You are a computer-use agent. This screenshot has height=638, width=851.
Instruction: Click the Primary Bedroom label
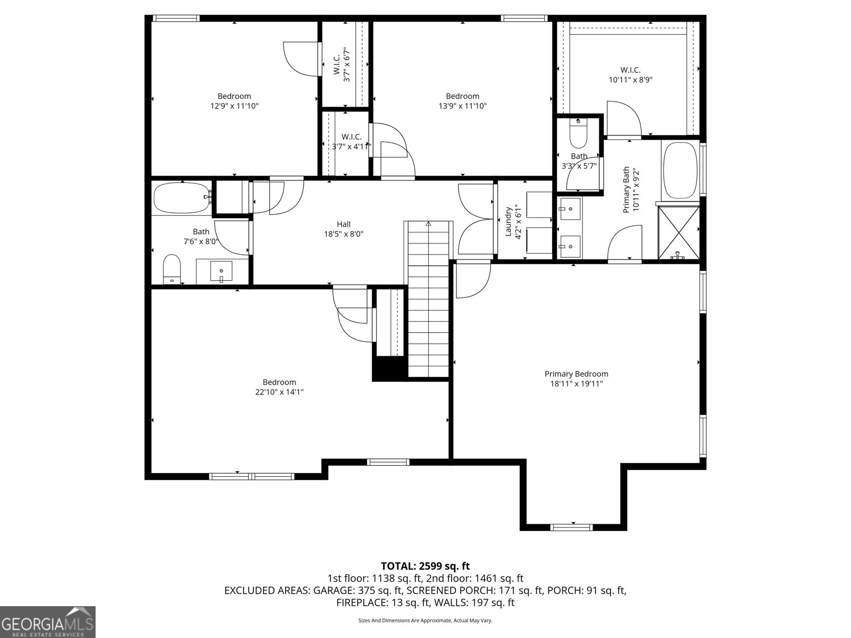[x=576, y=374]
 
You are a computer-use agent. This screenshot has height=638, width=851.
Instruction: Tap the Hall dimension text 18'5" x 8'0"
[x=344, y=234]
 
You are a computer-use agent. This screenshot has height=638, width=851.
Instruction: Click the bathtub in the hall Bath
[x=181, y=198]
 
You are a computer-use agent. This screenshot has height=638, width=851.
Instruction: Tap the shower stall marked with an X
[x=679, y=232]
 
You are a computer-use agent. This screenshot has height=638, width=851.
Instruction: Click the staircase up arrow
[x=429, y=224]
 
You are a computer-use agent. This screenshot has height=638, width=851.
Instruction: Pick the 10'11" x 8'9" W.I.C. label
[x=630, y=75]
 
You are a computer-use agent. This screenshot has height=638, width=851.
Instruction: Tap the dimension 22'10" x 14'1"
[x=279, y=392]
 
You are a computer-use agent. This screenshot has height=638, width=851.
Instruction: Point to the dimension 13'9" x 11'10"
[x=462, y=106]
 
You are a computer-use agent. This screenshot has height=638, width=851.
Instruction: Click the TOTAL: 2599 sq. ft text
[x=425, y=566]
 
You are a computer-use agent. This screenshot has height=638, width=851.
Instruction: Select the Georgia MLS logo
[x=48, y=621]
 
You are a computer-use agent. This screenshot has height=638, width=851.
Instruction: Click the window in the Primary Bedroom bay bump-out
[x=571, y=527]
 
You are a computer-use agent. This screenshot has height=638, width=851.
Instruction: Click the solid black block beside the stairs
[x=389, y=369]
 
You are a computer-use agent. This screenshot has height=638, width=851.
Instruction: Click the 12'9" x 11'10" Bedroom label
[x=234, y=101]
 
